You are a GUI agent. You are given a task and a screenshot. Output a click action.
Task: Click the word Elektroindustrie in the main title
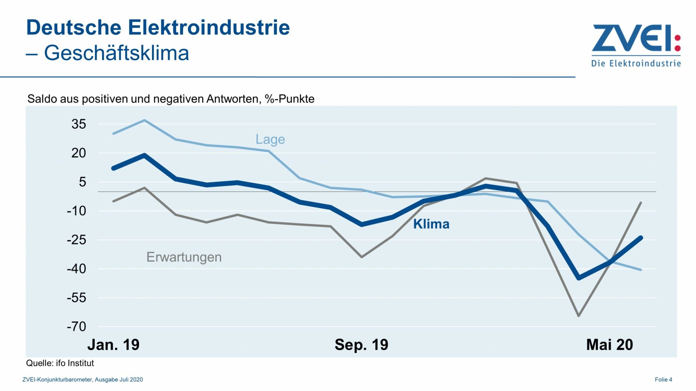(209, 28)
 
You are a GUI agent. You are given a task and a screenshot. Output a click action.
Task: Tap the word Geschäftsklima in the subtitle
(116, 53)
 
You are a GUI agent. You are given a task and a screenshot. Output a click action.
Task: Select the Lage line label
(270, 139)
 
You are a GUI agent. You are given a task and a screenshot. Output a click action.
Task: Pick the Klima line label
(431, 224)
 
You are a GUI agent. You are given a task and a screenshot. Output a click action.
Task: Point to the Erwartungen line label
(184, 257)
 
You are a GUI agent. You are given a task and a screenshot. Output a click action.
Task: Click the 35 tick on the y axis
(79, 124)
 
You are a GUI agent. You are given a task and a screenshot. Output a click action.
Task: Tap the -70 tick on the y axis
(77, 326)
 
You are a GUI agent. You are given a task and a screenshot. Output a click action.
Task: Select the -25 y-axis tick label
(77, 240)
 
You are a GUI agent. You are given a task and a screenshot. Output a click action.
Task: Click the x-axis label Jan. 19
(113, 345)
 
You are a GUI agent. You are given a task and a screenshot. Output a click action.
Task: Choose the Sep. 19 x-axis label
(361, 345)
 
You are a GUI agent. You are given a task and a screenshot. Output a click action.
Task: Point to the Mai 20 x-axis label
(609, 345)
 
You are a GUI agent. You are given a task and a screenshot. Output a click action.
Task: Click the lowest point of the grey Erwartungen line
(579, 316)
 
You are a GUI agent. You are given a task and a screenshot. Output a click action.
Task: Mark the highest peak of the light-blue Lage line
(144, 120)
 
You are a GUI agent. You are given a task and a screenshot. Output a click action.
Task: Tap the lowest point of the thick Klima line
(579, 278)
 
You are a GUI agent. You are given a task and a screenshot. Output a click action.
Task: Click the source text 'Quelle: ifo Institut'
(60, 363)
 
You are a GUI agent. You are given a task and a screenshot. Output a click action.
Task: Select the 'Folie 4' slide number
(663, 380)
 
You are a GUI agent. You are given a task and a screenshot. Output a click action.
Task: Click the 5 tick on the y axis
(82, 182)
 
